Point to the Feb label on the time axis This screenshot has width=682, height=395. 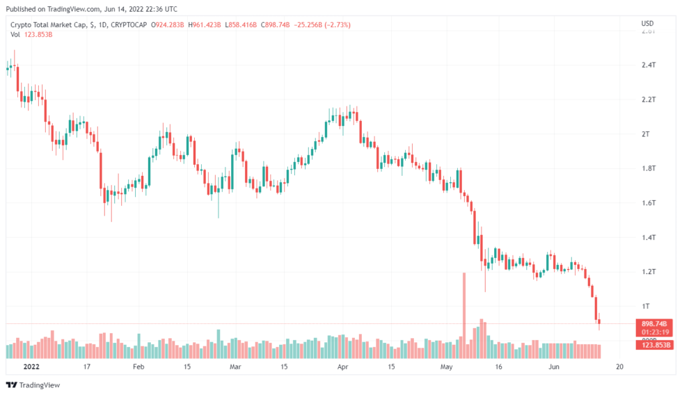pos(138,366)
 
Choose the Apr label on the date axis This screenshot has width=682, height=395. pos(342,366)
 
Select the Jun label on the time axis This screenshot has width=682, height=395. pos(553,366)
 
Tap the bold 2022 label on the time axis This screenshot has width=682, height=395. pos(31,366)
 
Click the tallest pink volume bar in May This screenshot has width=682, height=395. pos(463,306)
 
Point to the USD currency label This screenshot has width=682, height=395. pos(647,24)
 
